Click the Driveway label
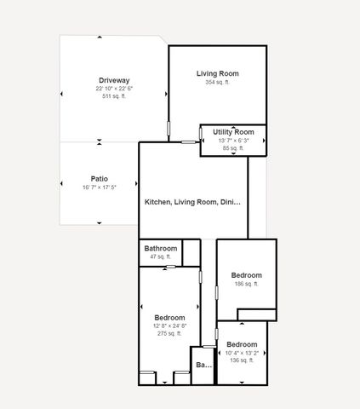coord(113,80)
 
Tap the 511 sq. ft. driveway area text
coord(113,96)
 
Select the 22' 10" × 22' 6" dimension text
coord(113,89)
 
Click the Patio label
coord(99,179)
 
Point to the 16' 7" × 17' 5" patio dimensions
coord(99,187)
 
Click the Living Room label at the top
coord(217,74)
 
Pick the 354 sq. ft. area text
coord(217,83)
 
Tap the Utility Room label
coord(234,132)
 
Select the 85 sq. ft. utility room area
coord(234,148)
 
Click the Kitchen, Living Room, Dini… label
coord(192,203)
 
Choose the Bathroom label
coord(160,248)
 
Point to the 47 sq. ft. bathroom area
coord(160,256)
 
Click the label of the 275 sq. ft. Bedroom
coord(169,318)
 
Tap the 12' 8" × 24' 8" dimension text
coord(169,326)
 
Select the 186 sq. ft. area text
coord(246,285)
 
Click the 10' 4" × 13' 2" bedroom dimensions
coord(242,353)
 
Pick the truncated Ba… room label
coord(203,366)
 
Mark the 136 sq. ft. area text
coord(242,360)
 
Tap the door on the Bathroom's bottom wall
coord(170,267)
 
